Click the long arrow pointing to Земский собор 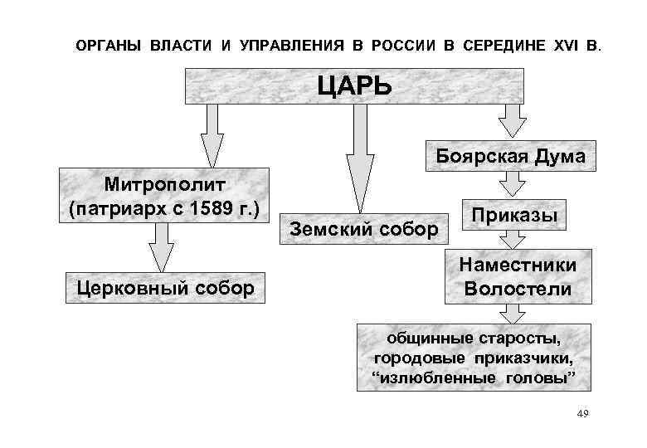click(x=359, y=158)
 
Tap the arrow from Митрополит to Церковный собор click(x=163, y=246)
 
